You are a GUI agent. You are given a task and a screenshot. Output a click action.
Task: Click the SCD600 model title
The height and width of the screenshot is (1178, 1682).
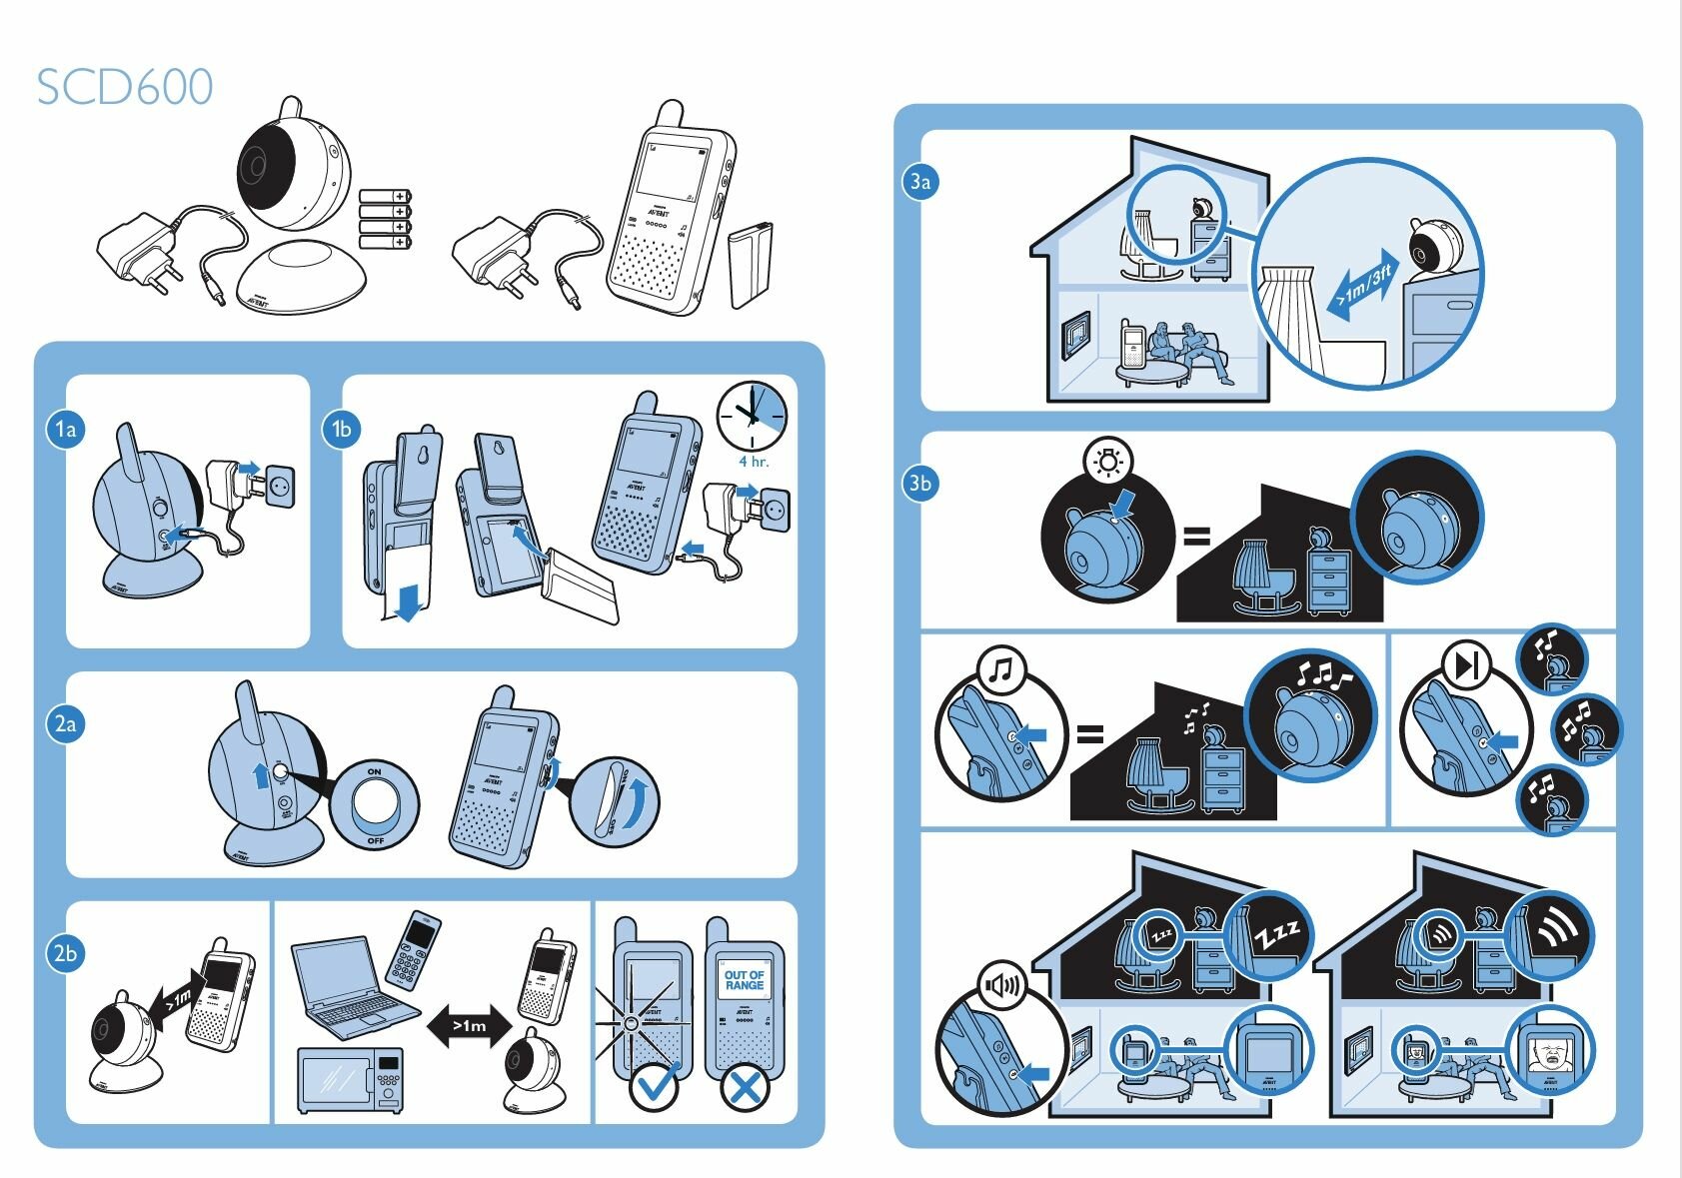coord(125,87)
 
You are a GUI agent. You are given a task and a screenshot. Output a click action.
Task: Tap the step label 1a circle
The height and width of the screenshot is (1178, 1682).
coord(65,430)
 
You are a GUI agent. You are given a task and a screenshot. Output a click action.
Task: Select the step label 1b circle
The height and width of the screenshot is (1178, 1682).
coord(341,430)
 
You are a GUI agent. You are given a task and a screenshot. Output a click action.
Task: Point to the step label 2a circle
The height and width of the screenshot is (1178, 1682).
coord(65,723)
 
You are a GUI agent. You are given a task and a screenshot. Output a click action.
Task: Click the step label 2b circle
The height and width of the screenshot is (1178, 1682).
coord(65,953)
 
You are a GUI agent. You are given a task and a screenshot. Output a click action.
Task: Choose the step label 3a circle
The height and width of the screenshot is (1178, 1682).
coord(919,182)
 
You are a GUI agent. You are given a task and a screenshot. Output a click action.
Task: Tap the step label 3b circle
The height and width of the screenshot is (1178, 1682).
coord(919,484)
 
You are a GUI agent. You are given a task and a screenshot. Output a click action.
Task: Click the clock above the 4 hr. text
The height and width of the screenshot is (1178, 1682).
coord(752,416)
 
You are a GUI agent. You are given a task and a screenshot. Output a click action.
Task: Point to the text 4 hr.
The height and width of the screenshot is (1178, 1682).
coord(754,462)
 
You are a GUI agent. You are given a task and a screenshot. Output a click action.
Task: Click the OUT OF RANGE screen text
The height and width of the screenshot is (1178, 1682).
coord(744,980)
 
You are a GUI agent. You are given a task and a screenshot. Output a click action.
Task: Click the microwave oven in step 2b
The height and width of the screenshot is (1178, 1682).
coord(351,1079)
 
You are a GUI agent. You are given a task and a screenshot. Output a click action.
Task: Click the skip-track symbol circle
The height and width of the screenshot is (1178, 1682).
coord(1466,665)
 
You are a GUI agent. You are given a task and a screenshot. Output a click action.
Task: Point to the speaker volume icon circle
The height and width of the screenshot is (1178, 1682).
coord(1002,986)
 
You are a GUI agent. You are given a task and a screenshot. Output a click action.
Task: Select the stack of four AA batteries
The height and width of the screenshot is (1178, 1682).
coord(386,219)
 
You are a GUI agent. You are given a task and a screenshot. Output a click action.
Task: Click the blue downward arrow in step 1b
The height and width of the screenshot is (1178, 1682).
coord(408,602)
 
